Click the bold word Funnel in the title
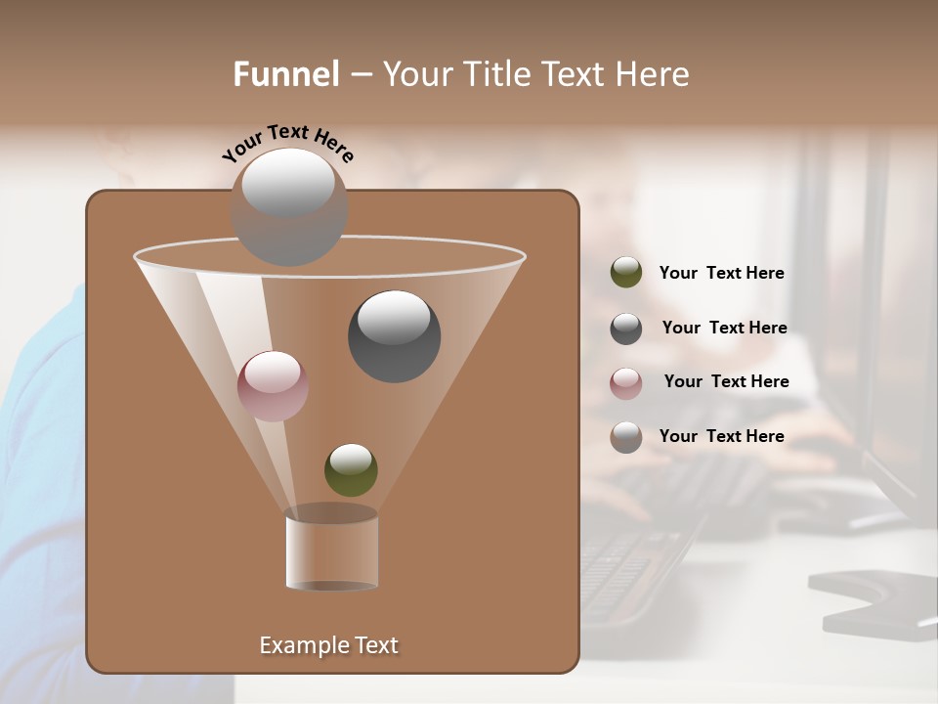[286, 74]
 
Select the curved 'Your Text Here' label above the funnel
[288, 143]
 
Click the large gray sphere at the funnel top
[288, 205]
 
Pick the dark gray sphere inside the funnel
[394, 335]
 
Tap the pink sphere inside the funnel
[273, 385]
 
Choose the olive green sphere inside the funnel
[351, 469]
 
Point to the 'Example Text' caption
[329, 645]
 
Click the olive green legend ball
[626, 273]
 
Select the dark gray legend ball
[626, 329]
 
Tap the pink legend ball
[626, 382]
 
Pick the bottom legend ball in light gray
[626, 437]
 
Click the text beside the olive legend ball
[721, 273]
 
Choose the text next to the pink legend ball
[726, 381]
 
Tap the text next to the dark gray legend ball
[724, 328]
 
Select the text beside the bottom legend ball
[721, 436]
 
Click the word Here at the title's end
[654, 74]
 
